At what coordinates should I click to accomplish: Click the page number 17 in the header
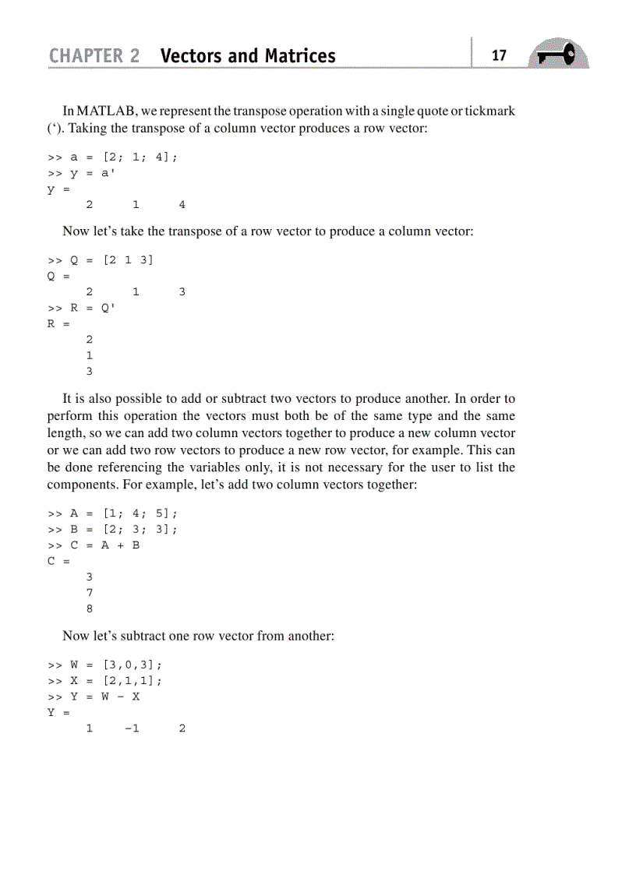pos(499,55)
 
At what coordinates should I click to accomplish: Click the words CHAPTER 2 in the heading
pos(94,56)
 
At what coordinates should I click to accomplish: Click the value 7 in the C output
pos(89,593)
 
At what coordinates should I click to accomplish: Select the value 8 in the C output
pos(89,609)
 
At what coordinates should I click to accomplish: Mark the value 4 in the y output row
pos(182,205)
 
